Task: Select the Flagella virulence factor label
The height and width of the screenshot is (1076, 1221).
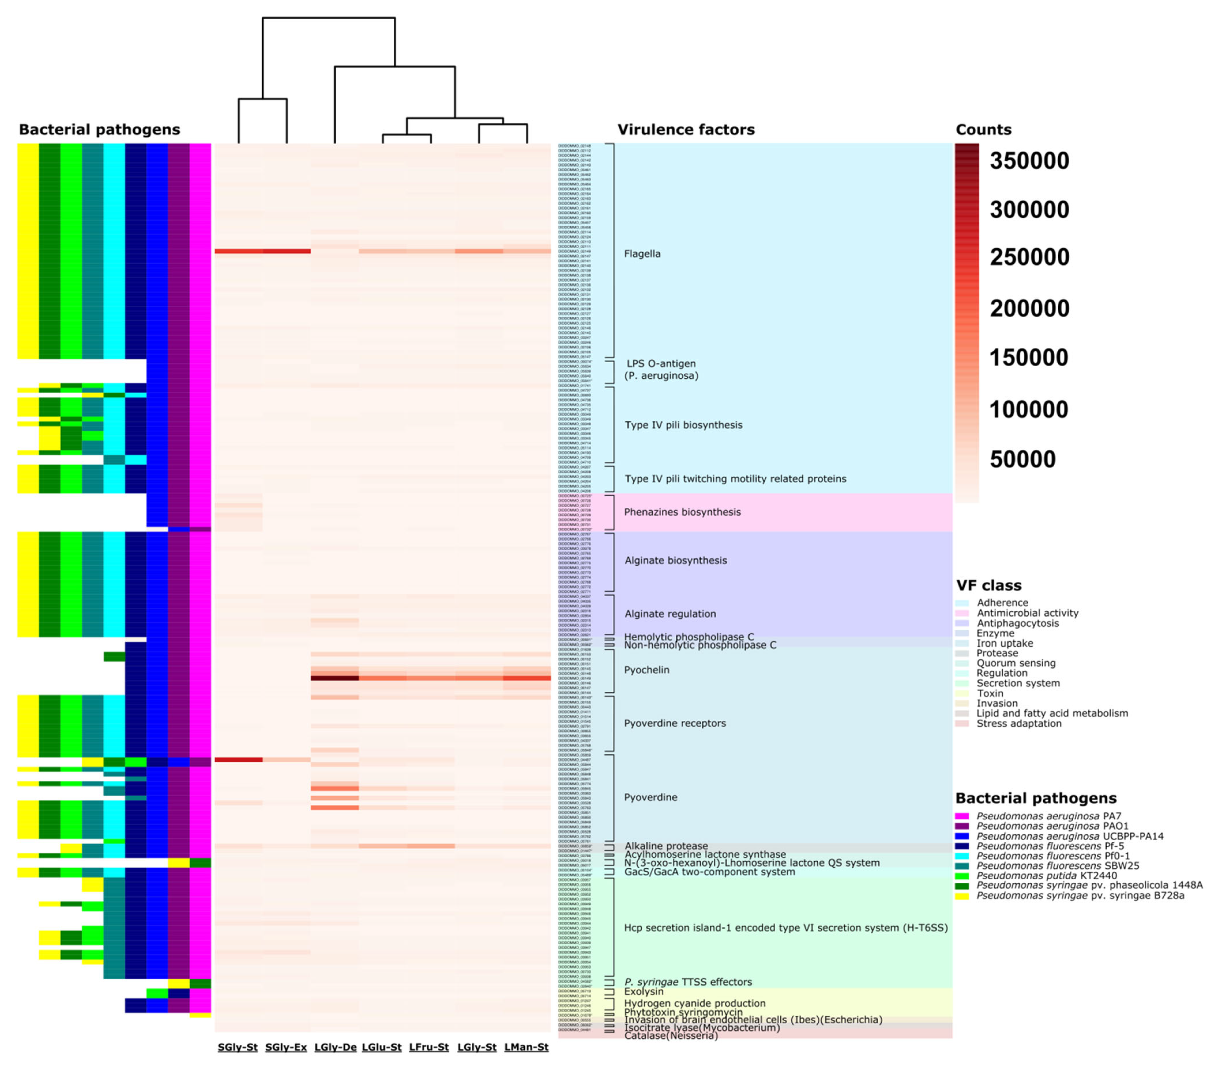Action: (x=642, y=254)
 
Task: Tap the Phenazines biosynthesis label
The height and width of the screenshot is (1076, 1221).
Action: (x=682, y=512)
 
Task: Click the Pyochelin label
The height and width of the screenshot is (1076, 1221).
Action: (x=646, y=670)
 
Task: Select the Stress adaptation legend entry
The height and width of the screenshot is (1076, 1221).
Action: (x=1018, y=724)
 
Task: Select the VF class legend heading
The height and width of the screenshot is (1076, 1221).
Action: (x=989, y=585)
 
